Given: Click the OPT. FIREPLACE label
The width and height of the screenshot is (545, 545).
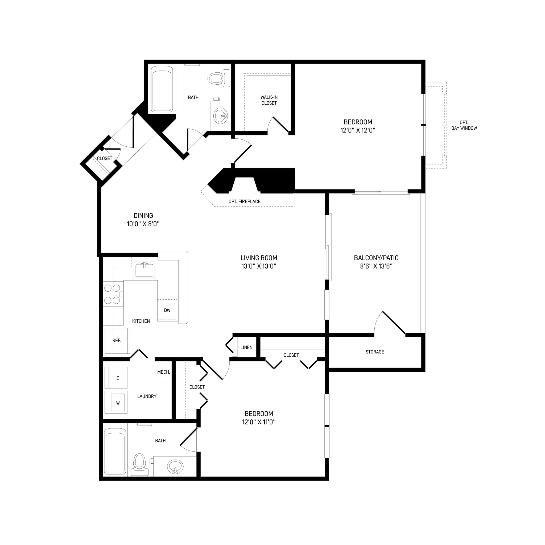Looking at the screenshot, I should tap(244, 201).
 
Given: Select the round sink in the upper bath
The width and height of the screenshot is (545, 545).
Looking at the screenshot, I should tap(220, 116).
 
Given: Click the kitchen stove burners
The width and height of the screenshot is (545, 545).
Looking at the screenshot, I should tap(112, 294).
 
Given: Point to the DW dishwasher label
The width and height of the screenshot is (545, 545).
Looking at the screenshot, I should tap(167, 310).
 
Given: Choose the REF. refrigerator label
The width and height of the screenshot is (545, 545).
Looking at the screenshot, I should tap(117, 340).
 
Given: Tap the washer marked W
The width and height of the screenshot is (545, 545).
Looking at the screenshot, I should tap(118, 403).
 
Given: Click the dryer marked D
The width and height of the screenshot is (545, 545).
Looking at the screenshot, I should tap(118, 378).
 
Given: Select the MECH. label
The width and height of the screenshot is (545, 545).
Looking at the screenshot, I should tap(164, 372).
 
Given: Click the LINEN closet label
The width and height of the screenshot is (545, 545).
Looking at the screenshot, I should tap(246, 347).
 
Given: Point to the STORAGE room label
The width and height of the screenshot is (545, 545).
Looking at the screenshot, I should tap(375, 352).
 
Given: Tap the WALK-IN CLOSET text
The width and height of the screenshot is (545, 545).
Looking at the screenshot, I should tap(269, 100).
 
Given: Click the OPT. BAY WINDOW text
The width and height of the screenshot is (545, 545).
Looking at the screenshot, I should tap(464, 125).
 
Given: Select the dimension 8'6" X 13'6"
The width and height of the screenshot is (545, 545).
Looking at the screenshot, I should tap(376, 266).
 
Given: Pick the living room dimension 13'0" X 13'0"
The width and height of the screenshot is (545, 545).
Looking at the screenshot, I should tap(259, 266).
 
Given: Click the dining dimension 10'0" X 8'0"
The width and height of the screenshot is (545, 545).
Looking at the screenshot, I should tap(143, 224).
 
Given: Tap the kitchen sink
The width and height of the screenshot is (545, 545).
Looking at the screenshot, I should tap(144, 269).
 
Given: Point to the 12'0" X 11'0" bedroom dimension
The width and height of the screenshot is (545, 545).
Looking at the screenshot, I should tap(259, 422).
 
